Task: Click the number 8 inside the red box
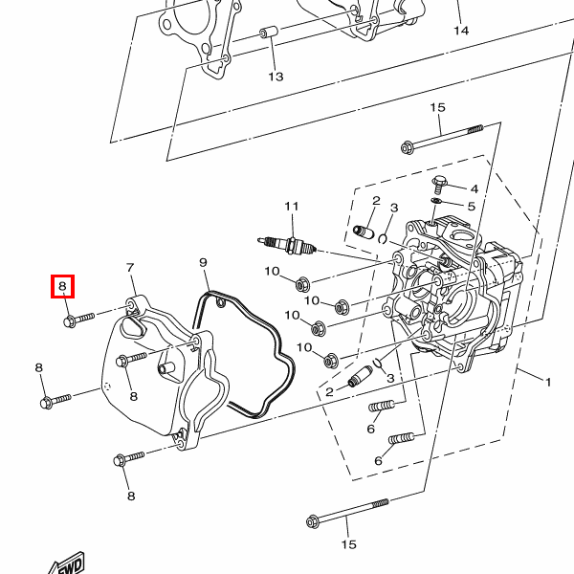click(62, 285)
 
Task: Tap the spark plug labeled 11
click(287, 245)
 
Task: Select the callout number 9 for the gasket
click(203, 262)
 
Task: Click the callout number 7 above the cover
click(130, 268)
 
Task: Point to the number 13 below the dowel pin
click(276, 77)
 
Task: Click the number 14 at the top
click(461, 31)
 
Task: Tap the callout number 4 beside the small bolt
click(475, 188)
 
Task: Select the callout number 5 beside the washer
click(472, 207)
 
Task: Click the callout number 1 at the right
click(548, 383)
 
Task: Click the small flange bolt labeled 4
click(439, 185)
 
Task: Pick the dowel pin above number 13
click(269, 33)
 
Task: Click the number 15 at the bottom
click(348, 544)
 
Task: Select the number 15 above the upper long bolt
click(437, 107)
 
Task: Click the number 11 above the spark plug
click(292, 207)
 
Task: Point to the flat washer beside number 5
click(436, 201)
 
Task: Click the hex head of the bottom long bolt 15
click(312, 521)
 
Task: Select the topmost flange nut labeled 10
click(302, 284)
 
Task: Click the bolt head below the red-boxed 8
click(69, 321)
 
